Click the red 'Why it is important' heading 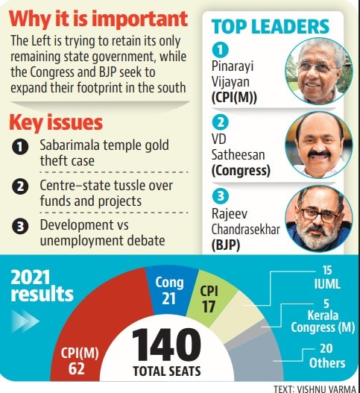(x=98, y=19)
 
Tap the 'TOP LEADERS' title (x=271, y=27)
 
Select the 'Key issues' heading (x=56, y=122)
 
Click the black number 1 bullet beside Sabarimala (x=20, y=147)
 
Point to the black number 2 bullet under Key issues (x=20, y=186)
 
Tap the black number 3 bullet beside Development (x=20, y=226)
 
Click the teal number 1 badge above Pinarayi (x=220, y=49)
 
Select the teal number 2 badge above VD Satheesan (x=220, y=122)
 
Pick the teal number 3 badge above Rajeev (x=220, y=195)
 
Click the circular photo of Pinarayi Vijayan (x=319, y=71)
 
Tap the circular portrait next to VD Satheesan (x=319, y=145)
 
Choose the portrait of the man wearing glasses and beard (x=319, y=218)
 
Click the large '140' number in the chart (x=166, y=345)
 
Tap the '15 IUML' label (x=327, y=277)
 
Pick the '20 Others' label (x=327, y=356)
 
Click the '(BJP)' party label (x=226, y=245)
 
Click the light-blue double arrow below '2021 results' (x=25, y=321)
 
